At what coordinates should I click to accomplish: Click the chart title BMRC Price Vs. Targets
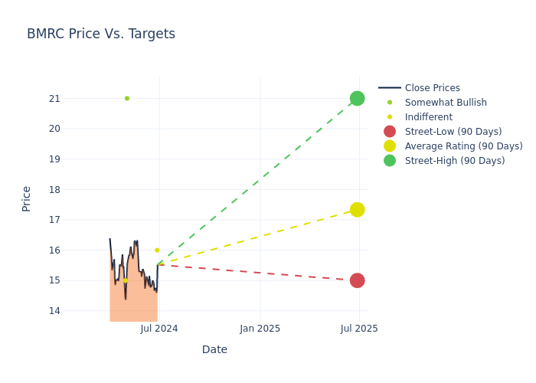tap(101, 34)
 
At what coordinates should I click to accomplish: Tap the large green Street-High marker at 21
tap(357, 98)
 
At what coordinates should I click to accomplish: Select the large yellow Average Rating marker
tap(357, 210)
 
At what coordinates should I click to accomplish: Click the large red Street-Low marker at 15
tap(357, 280)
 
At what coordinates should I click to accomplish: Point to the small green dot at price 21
tap(127, 98)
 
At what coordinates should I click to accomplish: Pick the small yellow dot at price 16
tap(157, 250)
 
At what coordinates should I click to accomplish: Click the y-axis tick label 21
tap(54, 98)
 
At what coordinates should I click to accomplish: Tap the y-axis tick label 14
tap(54, 311)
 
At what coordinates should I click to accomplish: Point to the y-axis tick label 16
tap(54, 250)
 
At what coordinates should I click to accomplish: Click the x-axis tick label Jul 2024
tap(159, 329)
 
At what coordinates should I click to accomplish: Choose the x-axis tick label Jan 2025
tap(260, 329)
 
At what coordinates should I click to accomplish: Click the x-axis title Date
tap(214, 349)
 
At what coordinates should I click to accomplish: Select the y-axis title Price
tap(27, 198)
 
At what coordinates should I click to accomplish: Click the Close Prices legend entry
tap(432, 88)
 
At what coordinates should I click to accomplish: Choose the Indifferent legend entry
tap(428, 117)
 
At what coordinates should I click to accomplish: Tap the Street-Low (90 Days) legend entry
tap(453, 132)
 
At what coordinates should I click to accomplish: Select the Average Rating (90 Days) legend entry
tap(463, 146)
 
